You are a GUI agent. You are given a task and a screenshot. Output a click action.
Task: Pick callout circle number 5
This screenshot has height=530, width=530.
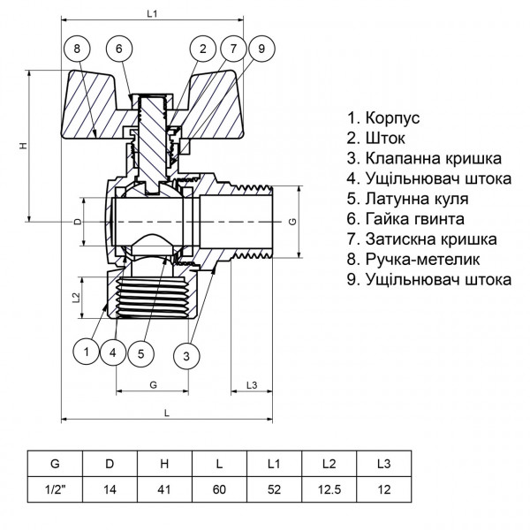[x=140, y=353]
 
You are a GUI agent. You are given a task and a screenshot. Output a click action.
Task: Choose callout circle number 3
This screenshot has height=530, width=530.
[x=187, y=357]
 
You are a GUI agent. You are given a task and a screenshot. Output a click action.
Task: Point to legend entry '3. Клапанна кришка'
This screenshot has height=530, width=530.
[x=425, y=158]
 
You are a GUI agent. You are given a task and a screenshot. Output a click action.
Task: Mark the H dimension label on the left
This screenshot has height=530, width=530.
[x=23, y=147]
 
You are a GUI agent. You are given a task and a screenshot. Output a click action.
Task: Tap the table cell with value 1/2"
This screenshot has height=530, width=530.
[x=56, y=487]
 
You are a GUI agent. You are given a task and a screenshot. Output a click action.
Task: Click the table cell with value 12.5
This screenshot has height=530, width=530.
[x=329, y=487]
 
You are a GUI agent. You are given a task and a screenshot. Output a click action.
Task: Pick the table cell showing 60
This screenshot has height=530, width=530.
[x=220, y=487]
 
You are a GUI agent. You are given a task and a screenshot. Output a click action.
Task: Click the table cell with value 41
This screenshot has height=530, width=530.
[x=165, y=487]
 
